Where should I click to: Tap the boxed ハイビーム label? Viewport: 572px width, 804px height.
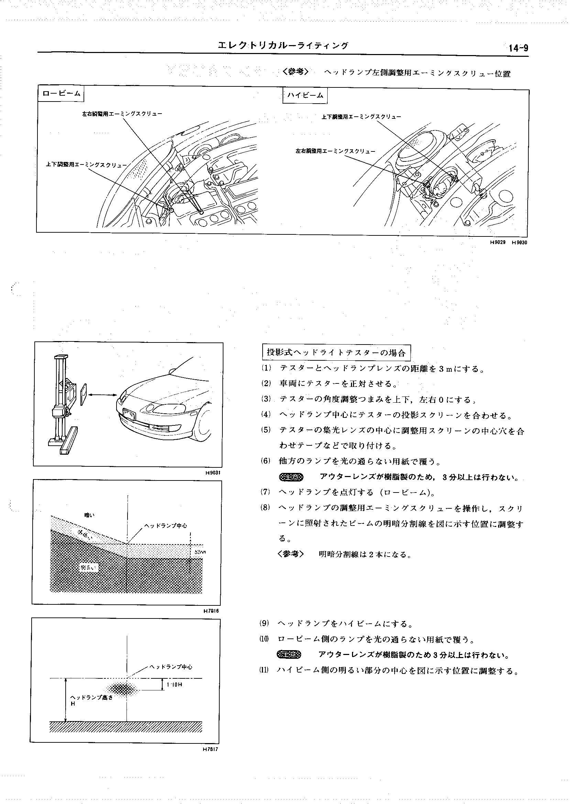(x=305, y=96)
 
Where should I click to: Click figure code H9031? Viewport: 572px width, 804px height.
(x=213, y=473)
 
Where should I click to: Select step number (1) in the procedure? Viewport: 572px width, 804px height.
(x=266, y=368)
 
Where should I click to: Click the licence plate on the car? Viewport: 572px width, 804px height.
(x=129, y=413)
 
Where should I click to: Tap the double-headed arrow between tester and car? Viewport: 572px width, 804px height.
(x=102, y=395)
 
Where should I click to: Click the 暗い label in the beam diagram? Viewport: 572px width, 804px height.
(x=89, y=515)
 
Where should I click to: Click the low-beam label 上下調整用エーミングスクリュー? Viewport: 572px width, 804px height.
(x=86, y=164)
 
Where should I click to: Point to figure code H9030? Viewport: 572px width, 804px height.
(x=519, y=242)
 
